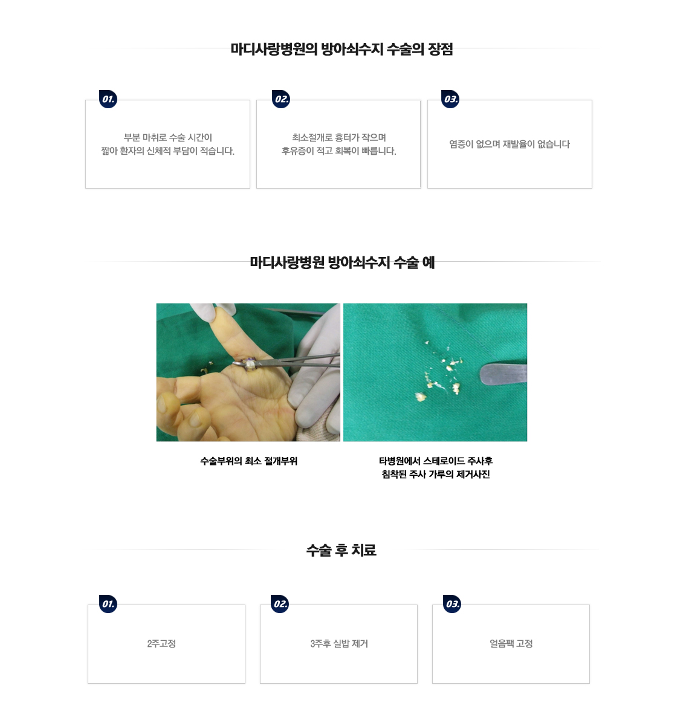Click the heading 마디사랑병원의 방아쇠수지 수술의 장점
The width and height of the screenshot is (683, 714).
(x=341, y=49)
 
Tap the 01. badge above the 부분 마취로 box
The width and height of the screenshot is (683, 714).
(x=108, y=99)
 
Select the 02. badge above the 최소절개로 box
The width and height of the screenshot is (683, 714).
(x=281, y=99)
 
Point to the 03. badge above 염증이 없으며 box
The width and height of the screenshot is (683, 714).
(x=450, y=99)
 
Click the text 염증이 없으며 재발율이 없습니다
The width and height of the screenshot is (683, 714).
(x=510, y=144)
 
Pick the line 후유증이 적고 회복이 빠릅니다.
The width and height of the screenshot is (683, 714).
(x=338, y=151)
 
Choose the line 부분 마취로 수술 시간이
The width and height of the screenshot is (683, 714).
(x=168, y=137)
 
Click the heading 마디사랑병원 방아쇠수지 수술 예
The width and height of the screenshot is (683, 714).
(x=342, y=262)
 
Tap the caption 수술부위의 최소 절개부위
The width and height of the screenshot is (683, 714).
(x=248, y=461)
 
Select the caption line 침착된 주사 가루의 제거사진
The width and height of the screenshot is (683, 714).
(x=436, y=475)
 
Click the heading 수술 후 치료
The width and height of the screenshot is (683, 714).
(x=341, y=550)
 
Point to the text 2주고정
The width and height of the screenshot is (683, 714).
(x=161, y=643)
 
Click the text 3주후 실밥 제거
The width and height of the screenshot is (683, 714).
(x=339, y=643)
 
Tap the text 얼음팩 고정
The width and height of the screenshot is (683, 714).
(x=511, y=643)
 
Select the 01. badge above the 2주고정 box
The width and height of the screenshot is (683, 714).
(x=108, y=604)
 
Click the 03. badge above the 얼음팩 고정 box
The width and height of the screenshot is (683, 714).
(x=452, y=604)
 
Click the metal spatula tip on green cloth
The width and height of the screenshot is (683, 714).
(x=484, y=374)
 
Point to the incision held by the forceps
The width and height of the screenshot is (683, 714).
(x=250, y=365)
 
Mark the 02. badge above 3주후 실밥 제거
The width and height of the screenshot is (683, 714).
(x=280, y=604)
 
